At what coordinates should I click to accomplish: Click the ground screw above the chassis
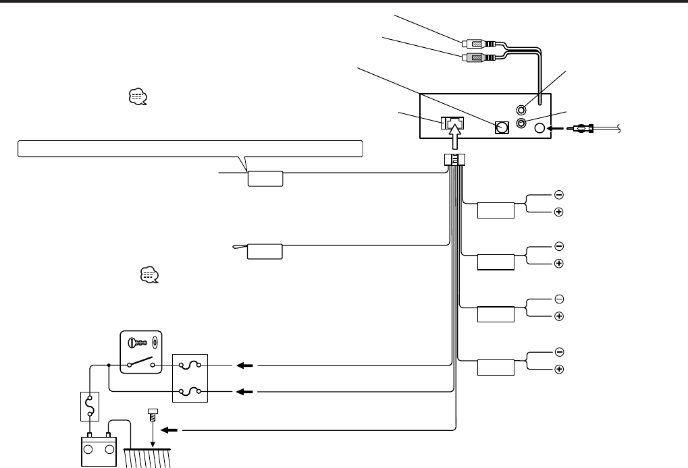pyautogui.click(x=152, y=413)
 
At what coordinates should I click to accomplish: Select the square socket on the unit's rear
pyautogui.click(x=501, y=128)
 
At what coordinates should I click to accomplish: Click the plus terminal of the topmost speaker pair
pyautogui.click(x=559, y=212)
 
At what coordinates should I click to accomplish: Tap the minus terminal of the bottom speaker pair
pyautogui.click(x=559, y=351)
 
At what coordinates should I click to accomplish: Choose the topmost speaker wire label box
pyautogui.click(x=496, y=210)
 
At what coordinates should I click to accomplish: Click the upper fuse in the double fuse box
pyautogui.click(x=190, y=365)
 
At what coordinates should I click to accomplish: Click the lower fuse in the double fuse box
pyautogui.click(x=190, y=390)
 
